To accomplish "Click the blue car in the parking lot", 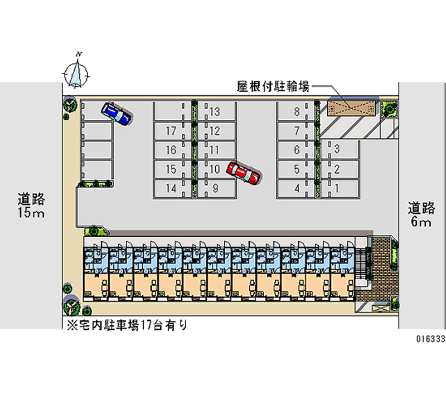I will pos(117,113).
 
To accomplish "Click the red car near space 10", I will pos(243,173).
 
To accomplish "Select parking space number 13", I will pos(215,112).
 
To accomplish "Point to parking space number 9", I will pos(215,188).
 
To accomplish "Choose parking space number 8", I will pos(297,112).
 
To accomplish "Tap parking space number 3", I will pos(337,149).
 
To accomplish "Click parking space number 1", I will pos(337,188).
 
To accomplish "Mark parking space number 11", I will pos(215,150).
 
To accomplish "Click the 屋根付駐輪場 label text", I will pos(273,86).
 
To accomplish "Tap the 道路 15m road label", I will pos(31,204).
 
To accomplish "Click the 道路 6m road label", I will pos(421,214).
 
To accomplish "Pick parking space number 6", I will pos(297,150).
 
